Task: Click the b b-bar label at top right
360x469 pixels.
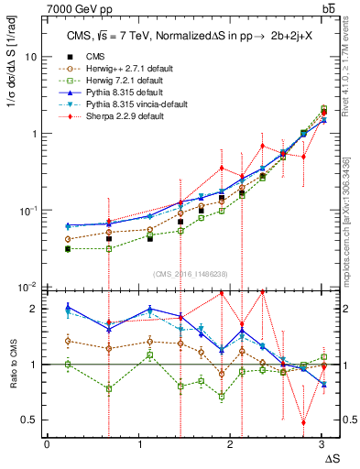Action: click(327, 8)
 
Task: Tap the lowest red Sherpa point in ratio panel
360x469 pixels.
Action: click(303, 422)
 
